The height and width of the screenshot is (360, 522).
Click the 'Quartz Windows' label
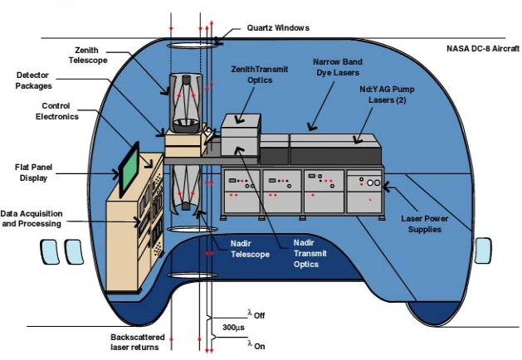tap(277, 27)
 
